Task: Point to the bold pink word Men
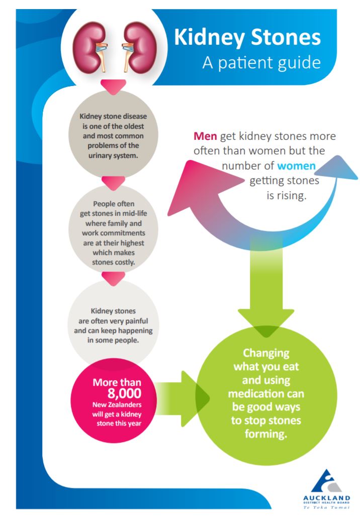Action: tap(205, 136)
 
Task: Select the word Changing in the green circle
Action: tap(266, 353)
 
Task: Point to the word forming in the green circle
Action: tap(266, 434)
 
